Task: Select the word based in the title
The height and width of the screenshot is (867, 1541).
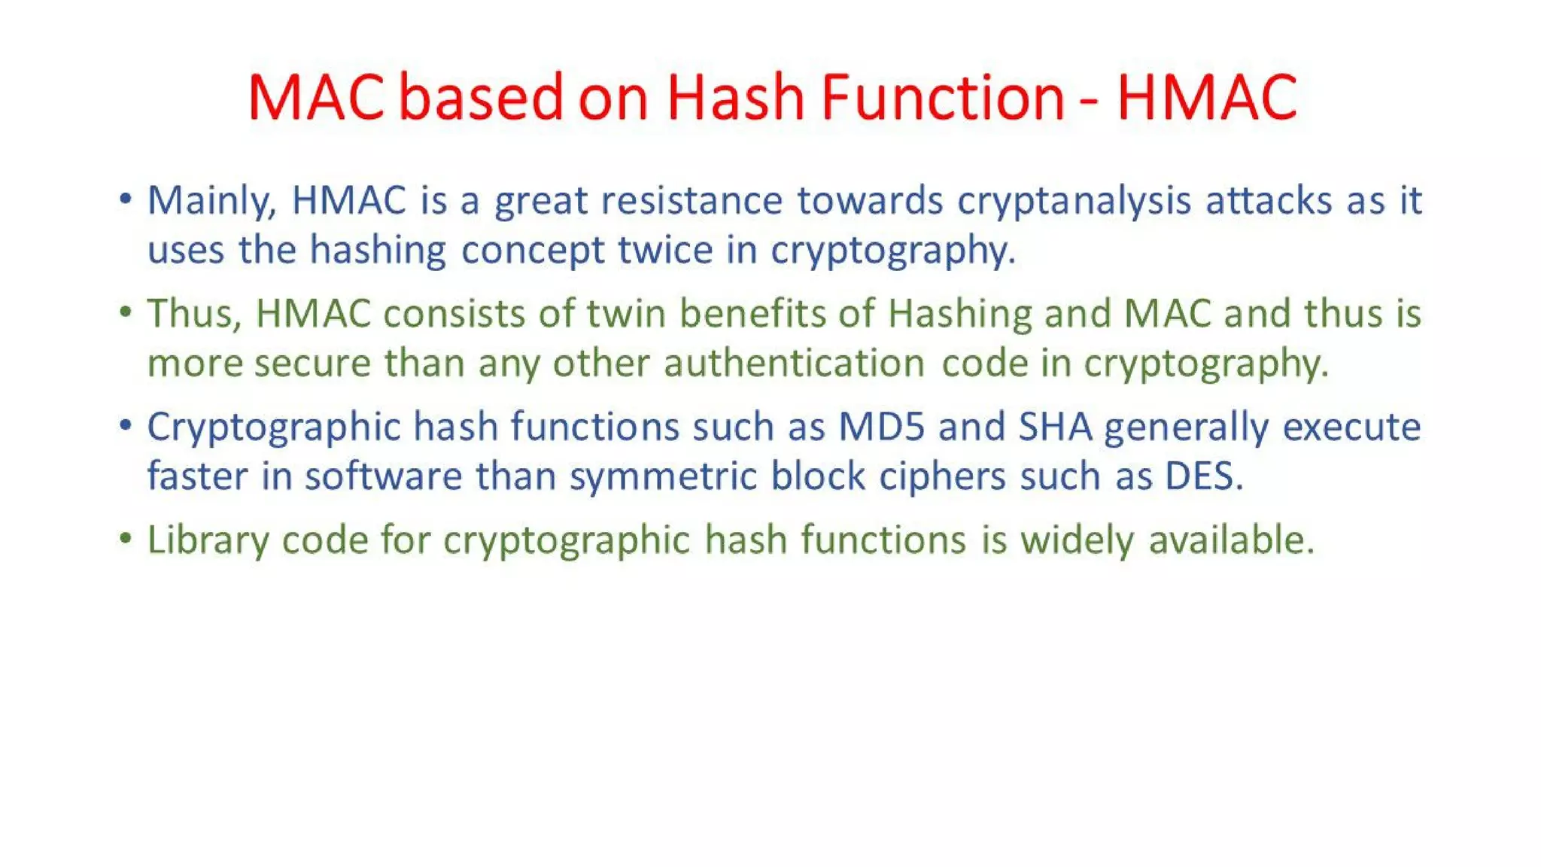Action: point(480,97)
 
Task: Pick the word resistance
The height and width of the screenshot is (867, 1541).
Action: point(691,201)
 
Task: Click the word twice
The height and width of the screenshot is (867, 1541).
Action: point(664,250)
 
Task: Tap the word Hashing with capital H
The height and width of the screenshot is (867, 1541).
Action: point(959,315)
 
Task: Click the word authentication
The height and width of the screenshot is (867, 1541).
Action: point(794,364)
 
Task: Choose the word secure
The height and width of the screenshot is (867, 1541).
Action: point(312,364)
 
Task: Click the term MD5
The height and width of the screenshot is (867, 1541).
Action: point(881,427)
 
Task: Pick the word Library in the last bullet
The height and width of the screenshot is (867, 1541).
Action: point(207,540)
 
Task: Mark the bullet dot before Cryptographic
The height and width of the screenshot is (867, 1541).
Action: point(126,425)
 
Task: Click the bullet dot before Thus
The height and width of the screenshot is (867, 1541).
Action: point(126,312)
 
